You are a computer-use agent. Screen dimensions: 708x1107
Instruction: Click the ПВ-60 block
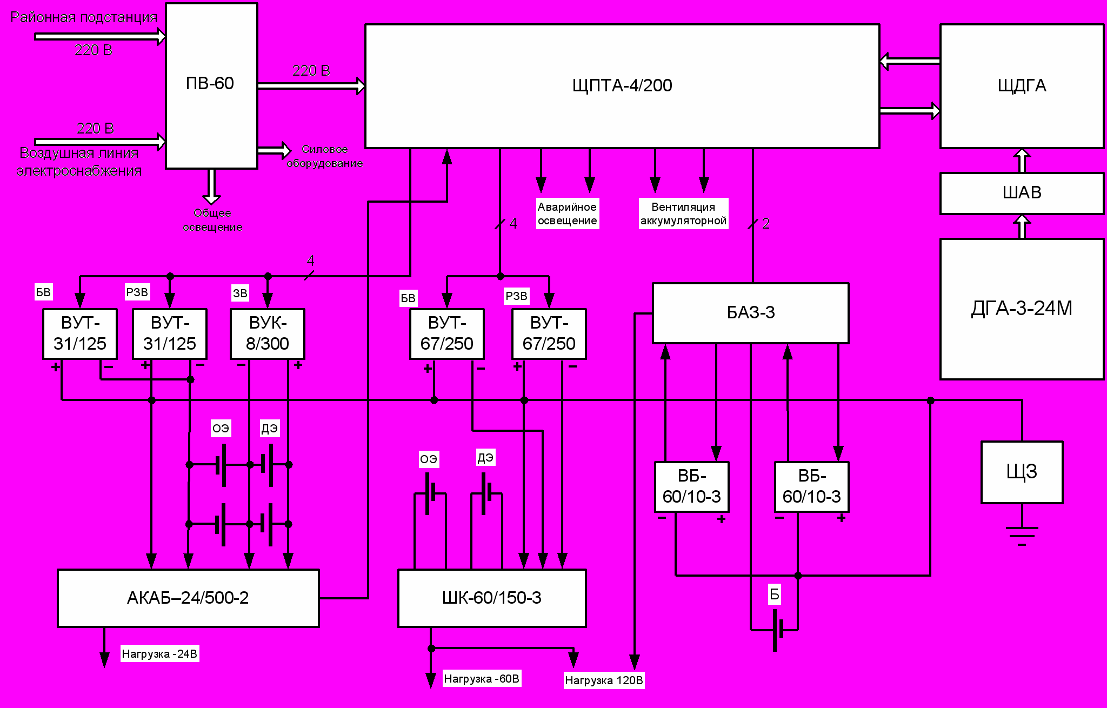211,85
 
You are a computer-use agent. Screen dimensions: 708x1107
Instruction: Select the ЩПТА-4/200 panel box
622,86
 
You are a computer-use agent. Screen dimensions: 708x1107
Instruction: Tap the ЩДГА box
1022,86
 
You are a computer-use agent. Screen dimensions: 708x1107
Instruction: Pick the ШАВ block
1022,193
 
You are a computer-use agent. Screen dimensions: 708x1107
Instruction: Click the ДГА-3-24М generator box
1022,309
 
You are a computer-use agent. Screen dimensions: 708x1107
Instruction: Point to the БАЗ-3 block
750,313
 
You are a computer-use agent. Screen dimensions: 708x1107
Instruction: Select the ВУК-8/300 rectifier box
268,333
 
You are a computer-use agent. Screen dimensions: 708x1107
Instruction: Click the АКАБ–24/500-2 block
188,598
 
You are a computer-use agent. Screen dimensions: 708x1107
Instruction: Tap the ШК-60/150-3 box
492,598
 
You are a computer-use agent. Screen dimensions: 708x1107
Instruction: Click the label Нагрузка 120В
604,680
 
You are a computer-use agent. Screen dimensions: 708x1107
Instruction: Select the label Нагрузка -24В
159,654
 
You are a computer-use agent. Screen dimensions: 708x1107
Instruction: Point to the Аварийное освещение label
567,213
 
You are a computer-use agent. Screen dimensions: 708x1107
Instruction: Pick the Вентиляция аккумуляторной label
683,213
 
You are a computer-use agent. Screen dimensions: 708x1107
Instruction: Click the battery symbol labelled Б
777,630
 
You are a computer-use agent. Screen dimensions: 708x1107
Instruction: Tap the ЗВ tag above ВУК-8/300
240,293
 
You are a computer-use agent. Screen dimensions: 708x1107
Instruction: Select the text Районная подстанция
84,17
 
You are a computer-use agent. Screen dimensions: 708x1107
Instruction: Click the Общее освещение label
212,220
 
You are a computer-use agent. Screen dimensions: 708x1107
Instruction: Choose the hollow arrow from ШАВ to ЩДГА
1022,161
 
